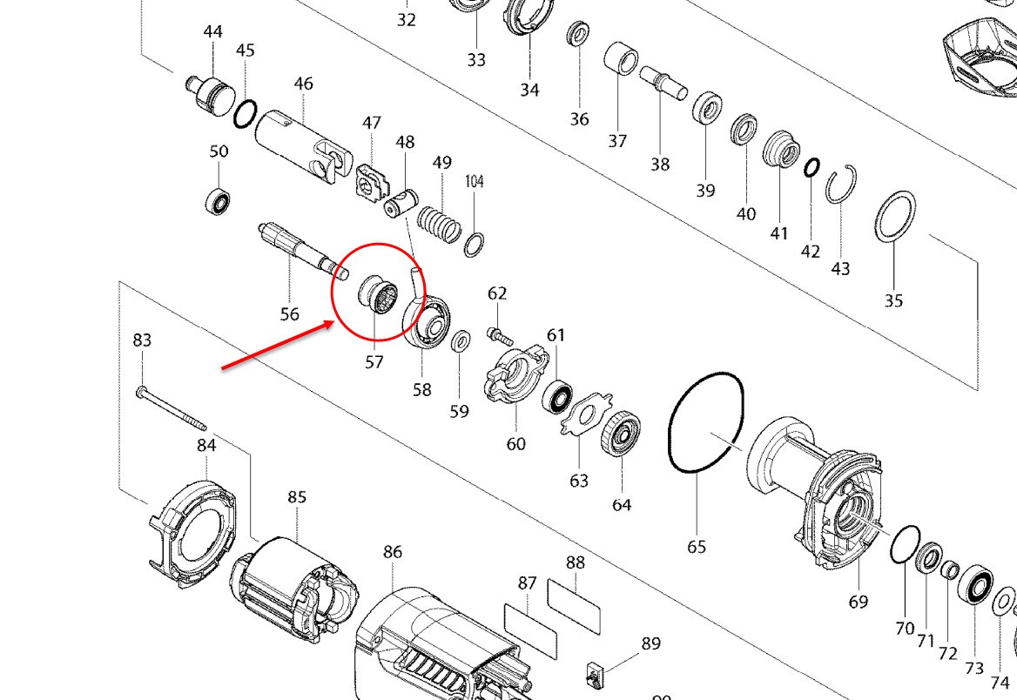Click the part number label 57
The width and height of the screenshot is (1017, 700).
[x=374, y=361]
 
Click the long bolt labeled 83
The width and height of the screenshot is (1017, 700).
[x=172, y=408]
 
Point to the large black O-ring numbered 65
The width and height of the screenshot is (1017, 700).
[x=706, y=422]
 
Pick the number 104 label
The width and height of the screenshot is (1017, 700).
[x=475, y=181]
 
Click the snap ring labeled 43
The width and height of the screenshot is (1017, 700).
[x=841, y=185]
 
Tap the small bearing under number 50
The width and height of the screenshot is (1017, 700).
[x=219, y=201]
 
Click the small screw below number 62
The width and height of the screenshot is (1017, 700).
[x=500, y=337]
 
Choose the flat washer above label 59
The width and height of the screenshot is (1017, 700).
[x=461, y=340]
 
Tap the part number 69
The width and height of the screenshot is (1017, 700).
[x=859, y=602]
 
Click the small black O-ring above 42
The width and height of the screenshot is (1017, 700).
[x=812, y=167]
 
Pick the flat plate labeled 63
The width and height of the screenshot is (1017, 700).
[x=586, y=414]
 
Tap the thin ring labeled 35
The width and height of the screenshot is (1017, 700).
[x=895, y=215]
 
